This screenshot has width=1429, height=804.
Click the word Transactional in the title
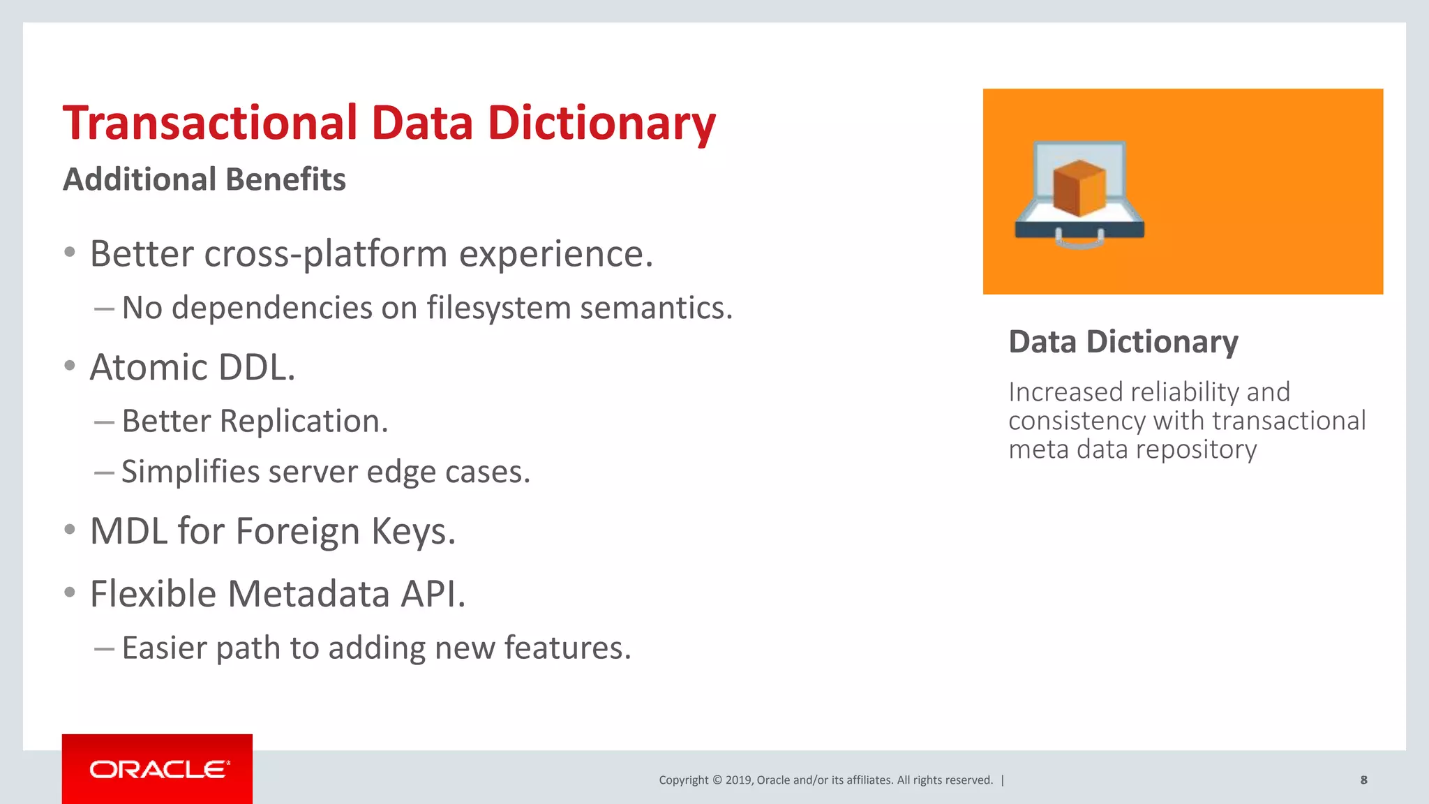pos(210,123)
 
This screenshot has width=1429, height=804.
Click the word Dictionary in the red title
pos(601,123)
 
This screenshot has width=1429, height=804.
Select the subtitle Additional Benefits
pos(204,179)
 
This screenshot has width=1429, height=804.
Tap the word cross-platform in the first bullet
pos(326,253)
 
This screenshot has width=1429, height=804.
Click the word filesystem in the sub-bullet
pos(499,308)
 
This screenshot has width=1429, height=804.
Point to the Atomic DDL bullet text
pos(193,367)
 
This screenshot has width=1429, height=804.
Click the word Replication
pos(304,421)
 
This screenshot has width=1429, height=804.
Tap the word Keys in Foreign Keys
pos(412,531)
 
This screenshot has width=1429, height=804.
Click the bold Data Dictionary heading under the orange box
pos(1123,342)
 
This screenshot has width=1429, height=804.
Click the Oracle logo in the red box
pos(158,769)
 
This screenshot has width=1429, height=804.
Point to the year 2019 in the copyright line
pos(739,780)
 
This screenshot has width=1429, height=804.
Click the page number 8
pos(1363,780)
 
